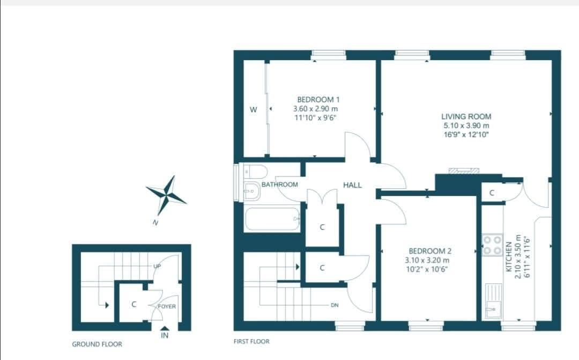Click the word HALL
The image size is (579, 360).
tap(352, 185)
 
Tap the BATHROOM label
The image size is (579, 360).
tap(279, 185)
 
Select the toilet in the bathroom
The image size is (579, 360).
tap(255, 172)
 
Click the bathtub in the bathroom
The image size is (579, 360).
tap(272, 219)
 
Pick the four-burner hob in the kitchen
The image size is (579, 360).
tap(492, 245)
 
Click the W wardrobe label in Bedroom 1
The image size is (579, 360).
tap(254, 109)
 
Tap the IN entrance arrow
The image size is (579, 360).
tap(165, 329)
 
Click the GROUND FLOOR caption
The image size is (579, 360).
tap(97, 344)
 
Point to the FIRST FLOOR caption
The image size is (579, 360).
tap(251, 341)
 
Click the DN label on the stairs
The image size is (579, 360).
tap(335, 305)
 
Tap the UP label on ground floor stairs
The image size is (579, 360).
tap(157, 266)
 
